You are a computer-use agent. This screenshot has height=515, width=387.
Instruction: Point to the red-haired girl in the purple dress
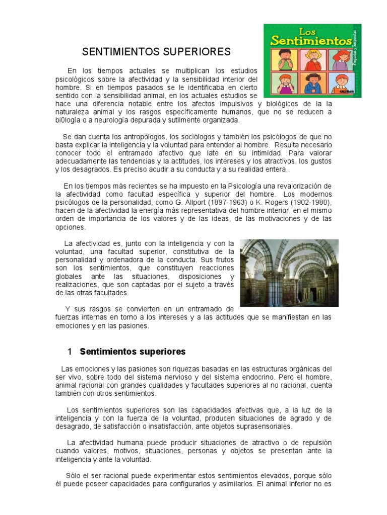(x=344, y=60)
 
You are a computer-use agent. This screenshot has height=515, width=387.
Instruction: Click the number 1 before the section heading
(x=70, y=352)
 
